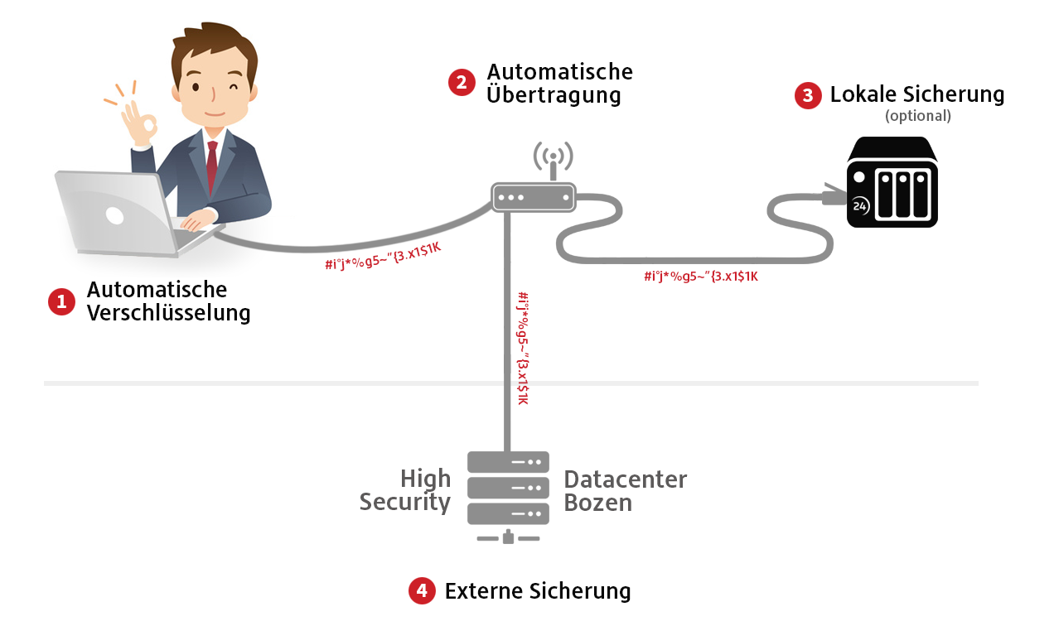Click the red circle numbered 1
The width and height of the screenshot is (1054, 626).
pos(61,302)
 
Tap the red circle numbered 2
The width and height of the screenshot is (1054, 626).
pos(462,82)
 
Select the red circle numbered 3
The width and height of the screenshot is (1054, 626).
pos(808,95)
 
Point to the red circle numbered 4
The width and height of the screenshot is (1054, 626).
pos(422,590)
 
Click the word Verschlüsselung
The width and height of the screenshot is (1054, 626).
pos(168,313)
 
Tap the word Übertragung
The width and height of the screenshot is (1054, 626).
pos(554,95)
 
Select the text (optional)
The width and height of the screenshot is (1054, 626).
pos(917,116)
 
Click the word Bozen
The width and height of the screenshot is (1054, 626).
pos(597,503)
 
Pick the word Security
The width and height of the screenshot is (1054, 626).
pos(404,503)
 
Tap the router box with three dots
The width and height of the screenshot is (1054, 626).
pos(534,197)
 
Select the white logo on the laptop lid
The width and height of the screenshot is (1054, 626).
pos(114,216)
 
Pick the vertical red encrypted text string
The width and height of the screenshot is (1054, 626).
pos(522,348)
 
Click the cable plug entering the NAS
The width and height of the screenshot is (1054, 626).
pos(832,198)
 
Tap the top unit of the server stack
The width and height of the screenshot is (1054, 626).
pos(508,462)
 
